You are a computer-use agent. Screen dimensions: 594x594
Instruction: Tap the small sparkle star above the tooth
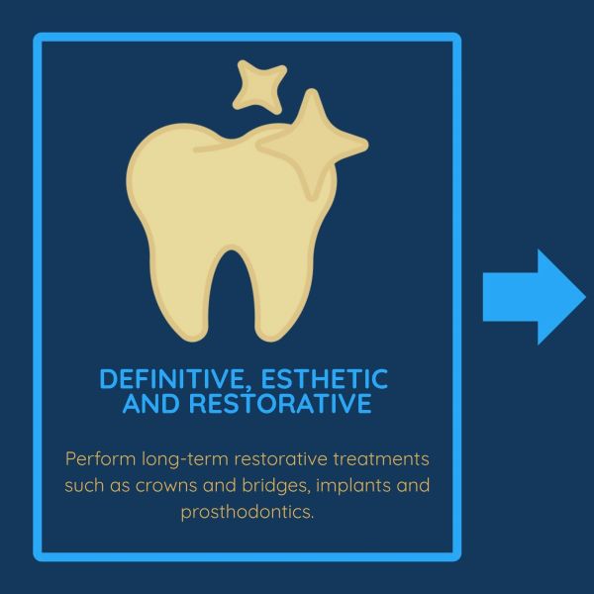(x=259, y=87)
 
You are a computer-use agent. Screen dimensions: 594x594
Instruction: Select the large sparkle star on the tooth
(x=313, y=144)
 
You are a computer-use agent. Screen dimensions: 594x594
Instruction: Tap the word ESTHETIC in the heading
(x=325, y=378)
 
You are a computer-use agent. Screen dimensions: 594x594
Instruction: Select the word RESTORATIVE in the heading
(x=280, y=403)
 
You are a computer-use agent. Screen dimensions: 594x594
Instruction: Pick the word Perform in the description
(x=100, y=459)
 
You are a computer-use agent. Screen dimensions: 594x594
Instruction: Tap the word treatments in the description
(x=381, y=459)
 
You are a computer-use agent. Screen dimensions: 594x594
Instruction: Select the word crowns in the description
(x=166, y=486)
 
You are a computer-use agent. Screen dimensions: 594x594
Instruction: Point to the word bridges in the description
(x=276, y=486)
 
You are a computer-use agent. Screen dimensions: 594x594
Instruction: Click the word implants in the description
(x=352, y=486)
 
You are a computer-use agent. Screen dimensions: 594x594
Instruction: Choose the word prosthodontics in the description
(x=247, y=513)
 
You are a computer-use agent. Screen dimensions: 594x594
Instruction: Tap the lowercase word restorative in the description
(x=281, y=459)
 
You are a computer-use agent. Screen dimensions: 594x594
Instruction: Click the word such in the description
(x=84, y=485)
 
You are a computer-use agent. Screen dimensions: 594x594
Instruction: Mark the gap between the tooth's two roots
(x=232, y=292)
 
